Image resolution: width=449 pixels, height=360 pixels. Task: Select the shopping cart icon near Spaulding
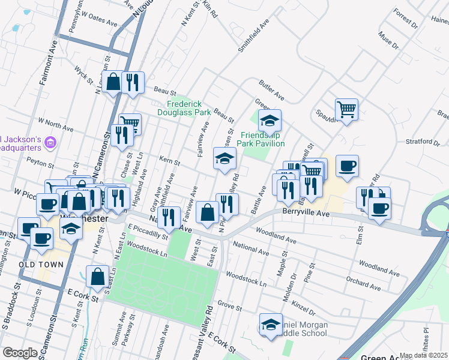(x=346, y=110)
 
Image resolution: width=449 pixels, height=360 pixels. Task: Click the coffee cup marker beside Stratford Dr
(x=347, y=166)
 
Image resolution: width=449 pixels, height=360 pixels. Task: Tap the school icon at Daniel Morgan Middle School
(x=271, y=325)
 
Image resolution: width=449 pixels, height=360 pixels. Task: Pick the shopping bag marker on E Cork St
(x=97, y=277)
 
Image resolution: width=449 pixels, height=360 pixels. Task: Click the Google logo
(x=20, y=353)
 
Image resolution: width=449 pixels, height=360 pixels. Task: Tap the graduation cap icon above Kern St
(x=225, y=159)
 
